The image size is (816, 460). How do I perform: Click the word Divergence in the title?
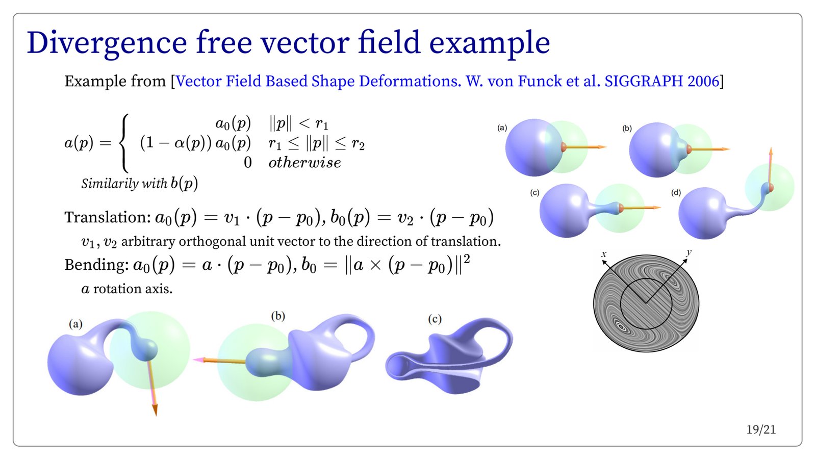[x=107, y=43]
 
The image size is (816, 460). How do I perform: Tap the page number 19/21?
[x=761, y=430]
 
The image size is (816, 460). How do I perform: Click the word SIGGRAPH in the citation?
[x=643, y=81]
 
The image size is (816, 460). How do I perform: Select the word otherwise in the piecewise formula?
[x=304, y=163]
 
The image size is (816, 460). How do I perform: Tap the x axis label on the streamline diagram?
[x=604, y=254]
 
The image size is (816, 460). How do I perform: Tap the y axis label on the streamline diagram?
[x=688, y=252]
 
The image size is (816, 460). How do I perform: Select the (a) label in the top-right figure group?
[x=502, y=128]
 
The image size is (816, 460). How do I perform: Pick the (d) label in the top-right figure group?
[x=676, y=193]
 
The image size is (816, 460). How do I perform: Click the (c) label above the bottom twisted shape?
[x=435, y=319]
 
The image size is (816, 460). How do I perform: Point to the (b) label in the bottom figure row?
[x=278, y=316]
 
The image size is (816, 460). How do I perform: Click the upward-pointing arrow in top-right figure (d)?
[x=770, y=168]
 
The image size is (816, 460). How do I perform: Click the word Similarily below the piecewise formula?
[x=110, y=184]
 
